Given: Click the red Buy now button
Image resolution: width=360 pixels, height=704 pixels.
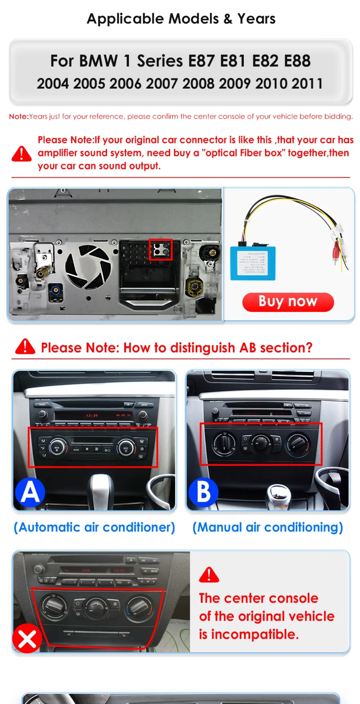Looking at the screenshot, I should click(x=288, y=302).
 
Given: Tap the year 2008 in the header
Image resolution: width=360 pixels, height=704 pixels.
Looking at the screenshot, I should click(x=198, y=84).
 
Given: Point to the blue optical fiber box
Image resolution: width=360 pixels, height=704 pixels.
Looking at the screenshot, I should click(x=253, y=263).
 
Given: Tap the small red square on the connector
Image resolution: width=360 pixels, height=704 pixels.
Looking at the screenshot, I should click(x=161, y=249).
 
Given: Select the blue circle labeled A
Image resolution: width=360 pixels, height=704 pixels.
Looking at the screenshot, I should click(x=30, y=492).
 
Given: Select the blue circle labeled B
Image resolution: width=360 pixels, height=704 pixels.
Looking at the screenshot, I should click(x=203, y=492).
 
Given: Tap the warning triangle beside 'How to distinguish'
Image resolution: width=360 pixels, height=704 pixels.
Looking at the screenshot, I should click(x=25, y=347).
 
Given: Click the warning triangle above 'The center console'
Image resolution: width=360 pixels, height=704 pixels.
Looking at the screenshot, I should click(x=209, y=575).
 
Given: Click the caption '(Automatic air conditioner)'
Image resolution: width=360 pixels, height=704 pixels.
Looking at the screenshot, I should click(x=94, y=527).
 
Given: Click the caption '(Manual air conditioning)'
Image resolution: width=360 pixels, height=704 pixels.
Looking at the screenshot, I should click(x=267, y=527).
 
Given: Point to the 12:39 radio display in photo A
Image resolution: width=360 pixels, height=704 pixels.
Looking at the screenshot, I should click(x=92, y=415).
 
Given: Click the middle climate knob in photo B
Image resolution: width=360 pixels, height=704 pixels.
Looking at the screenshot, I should click(x=261, y=443).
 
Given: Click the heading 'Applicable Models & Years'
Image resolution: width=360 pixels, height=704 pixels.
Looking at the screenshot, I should click(x=181, y=19).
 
